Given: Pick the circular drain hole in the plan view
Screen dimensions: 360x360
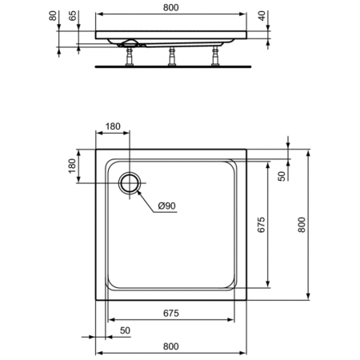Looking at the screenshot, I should [129, 182].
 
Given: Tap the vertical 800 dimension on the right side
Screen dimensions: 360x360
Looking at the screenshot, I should [301, 226].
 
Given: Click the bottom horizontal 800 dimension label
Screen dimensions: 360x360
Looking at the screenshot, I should [170, 346].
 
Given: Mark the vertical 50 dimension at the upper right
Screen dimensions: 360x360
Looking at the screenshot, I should [282, 175].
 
